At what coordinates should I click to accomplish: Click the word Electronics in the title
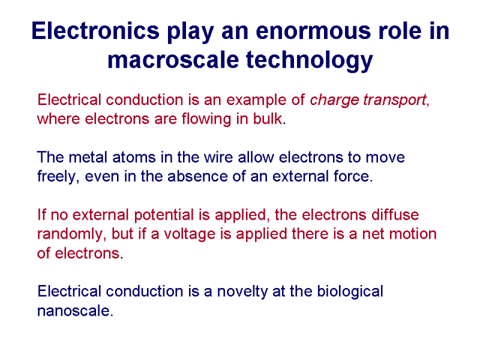[x=95, y=31]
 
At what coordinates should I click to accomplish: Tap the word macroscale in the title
[x=173, y=59]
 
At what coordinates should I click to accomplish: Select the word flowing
[x=206, y=119]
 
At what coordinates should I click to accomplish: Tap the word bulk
[x=267, y=119]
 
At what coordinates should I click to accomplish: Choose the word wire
[x=218, y=157]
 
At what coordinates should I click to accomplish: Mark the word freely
[x=56, y=177]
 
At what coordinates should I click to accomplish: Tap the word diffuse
[x=395, y=215]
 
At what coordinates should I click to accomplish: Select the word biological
[x=350, y=292]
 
